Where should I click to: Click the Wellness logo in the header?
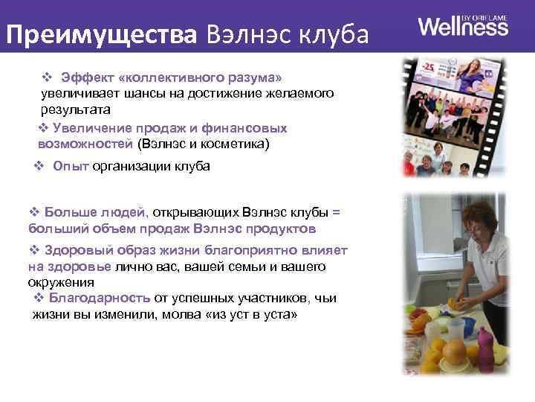tap(463, 28)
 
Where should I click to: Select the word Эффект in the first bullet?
tap(85, 77)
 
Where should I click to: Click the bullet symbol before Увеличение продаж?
tap(42, 128)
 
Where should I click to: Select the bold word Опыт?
tap(71, 166)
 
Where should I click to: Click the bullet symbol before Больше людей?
tap(33, 211)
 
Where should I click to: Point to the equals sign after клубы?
tap(335, 211)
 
